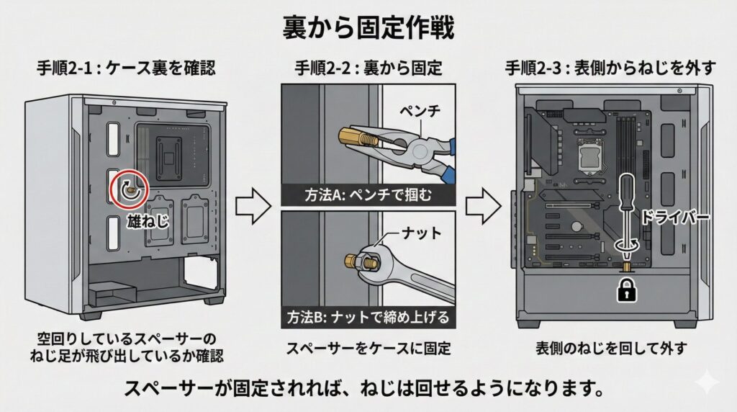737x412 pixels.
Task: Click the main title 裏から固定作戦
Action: click(368, 29)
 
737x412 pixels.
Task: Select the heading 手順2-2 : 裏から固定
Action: click(368, 69)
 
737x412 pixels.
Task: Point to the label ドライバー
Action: click(674, 215)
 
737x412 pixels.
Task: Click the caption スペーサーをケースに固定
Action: click(368, 349)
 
